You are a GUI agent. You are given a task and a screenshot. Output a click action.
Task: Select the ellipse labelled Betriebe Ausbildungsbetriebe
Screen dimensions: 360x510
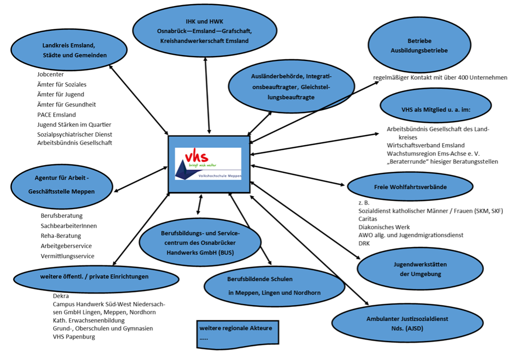(420, 46)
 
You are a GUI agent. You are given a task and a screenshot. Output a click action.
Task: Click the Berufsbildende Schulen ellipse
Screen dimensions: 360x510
(274, 286)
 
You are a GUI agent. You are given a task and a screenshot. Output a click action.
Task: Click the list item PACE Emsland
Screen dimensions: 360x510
(56, 115)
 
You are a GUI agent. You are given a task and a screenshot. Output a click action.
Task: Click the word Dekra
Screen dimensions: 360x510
(61, 296)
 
